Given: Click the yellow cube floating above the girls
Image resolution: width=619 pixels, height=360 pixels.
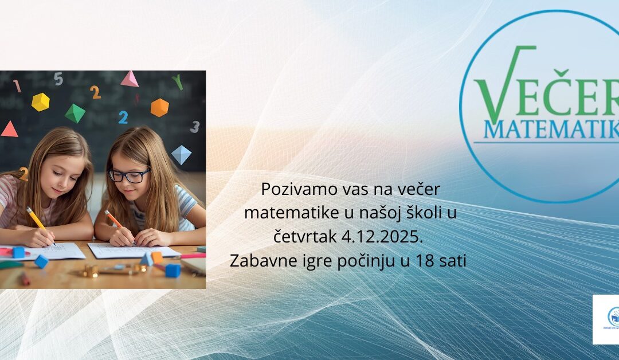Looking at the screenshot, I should (x=40, y=102).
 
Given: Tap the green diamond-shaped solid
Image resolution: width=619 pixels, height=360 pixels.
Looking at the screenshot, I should (x=75, y=113).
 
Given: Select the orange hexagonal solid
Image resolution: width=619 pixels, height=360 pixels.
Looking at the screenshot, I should (x=159, y=107).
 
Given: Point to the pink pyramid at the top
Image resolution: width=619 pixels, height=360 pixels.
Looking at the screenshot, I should (x=130, y=79).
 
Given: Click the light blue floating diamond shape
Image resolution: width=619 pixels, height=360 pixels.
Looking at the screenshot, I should (x=181, y=154).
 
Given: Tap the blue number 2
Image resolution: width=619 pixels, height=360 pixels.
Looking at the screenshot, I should (x=123, y=118).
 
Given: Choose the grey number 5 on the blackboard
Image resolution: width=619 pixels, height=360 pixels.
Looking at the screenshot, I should (x=58, y=79).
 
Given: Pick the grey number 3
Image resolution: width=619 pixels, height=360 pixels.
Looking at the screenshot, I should (x=195, y=127).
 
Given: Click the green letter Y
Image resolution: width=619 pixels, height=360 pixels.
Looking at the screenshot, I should (x=178, y=82).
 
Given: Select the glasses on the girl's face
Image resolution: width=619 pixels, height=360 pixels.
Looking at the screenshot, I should (x=129, y=175).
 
